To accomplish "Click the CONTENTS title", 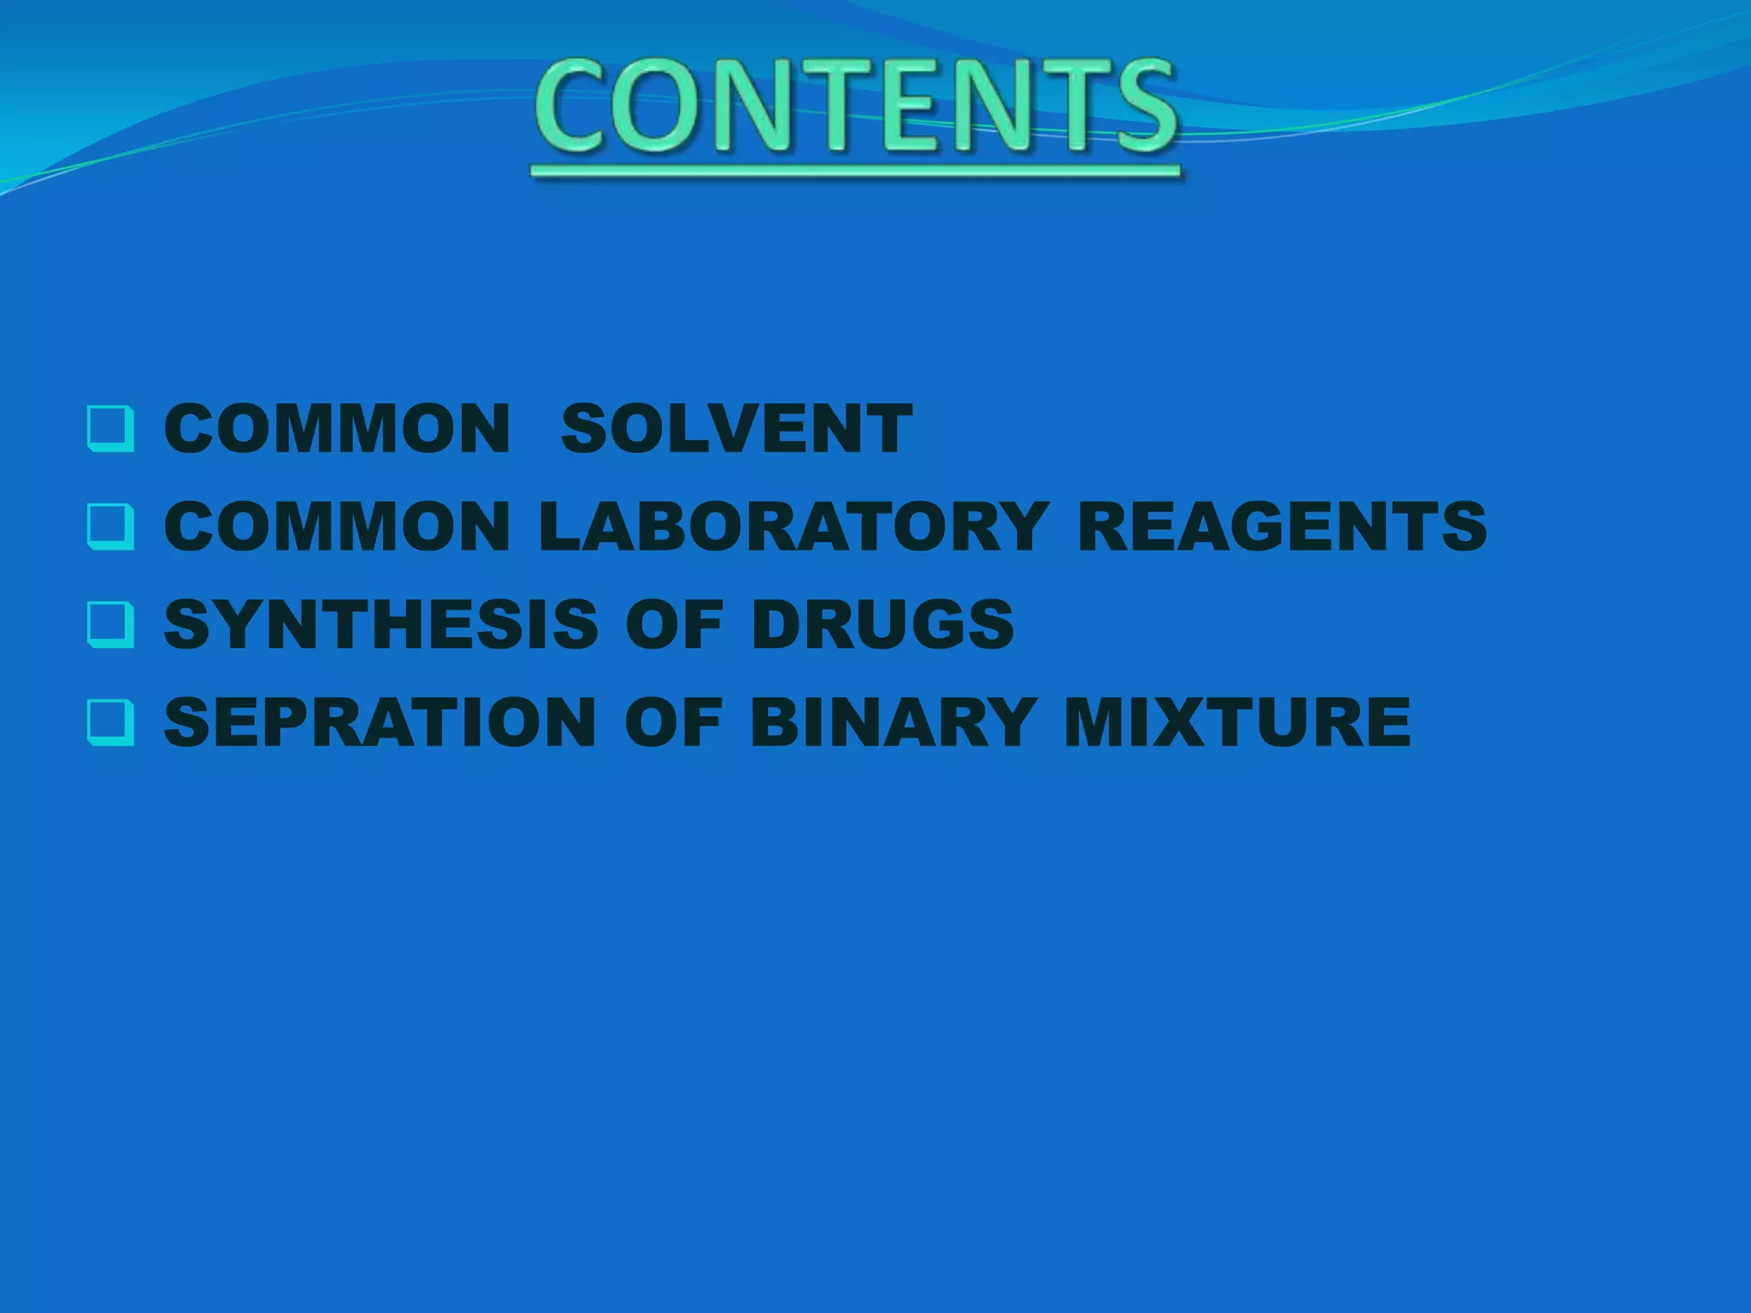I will point(856,106).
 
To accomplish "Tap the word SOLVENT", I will point(736,428).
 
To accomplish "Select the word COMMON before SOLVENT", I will point(338,428).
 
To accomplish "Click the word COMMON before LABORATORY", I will point(338,526).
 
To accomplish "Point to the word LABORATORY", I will point(793,526).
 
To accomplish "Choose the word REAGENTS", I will point(1282,526).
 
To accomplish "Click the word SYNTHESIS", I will point(380,624).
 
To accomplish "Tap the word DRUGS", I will point(882,624).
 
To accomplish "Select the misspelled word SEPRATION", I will point(380,722).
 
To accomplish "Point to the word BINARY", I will point(893,722).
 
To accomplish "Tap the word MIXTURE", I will point(1237,722).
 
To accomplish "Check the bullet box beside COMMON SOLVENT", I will point(111,429).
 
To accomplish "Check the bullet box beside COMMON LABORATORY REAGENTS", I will point(111,527).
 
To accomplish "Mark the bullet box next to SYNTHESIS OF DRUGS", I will point(111,625).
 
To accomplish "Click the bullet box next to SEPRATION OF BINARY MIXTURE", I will point(111,723).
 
